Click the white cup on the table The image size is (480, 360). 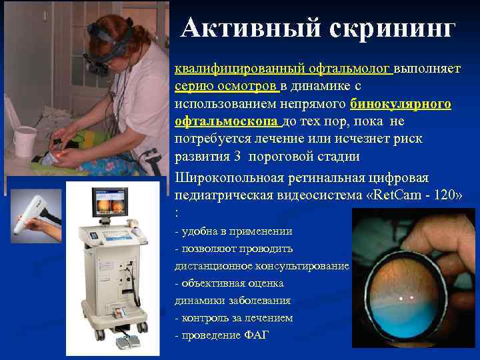point(24,141)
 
